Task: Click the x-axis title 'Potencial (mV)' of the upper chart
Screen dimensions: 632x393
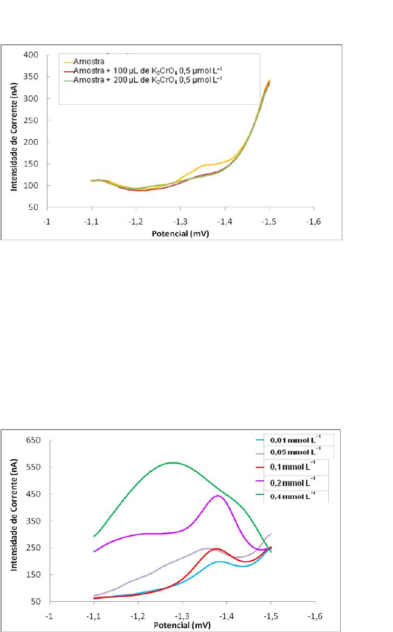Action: coord(181,235)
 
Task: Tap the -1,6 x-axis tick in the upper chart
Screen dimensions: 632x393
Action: coord(314,223)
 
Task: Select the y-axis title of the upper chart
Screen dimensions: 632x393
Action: coord(13,131)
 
